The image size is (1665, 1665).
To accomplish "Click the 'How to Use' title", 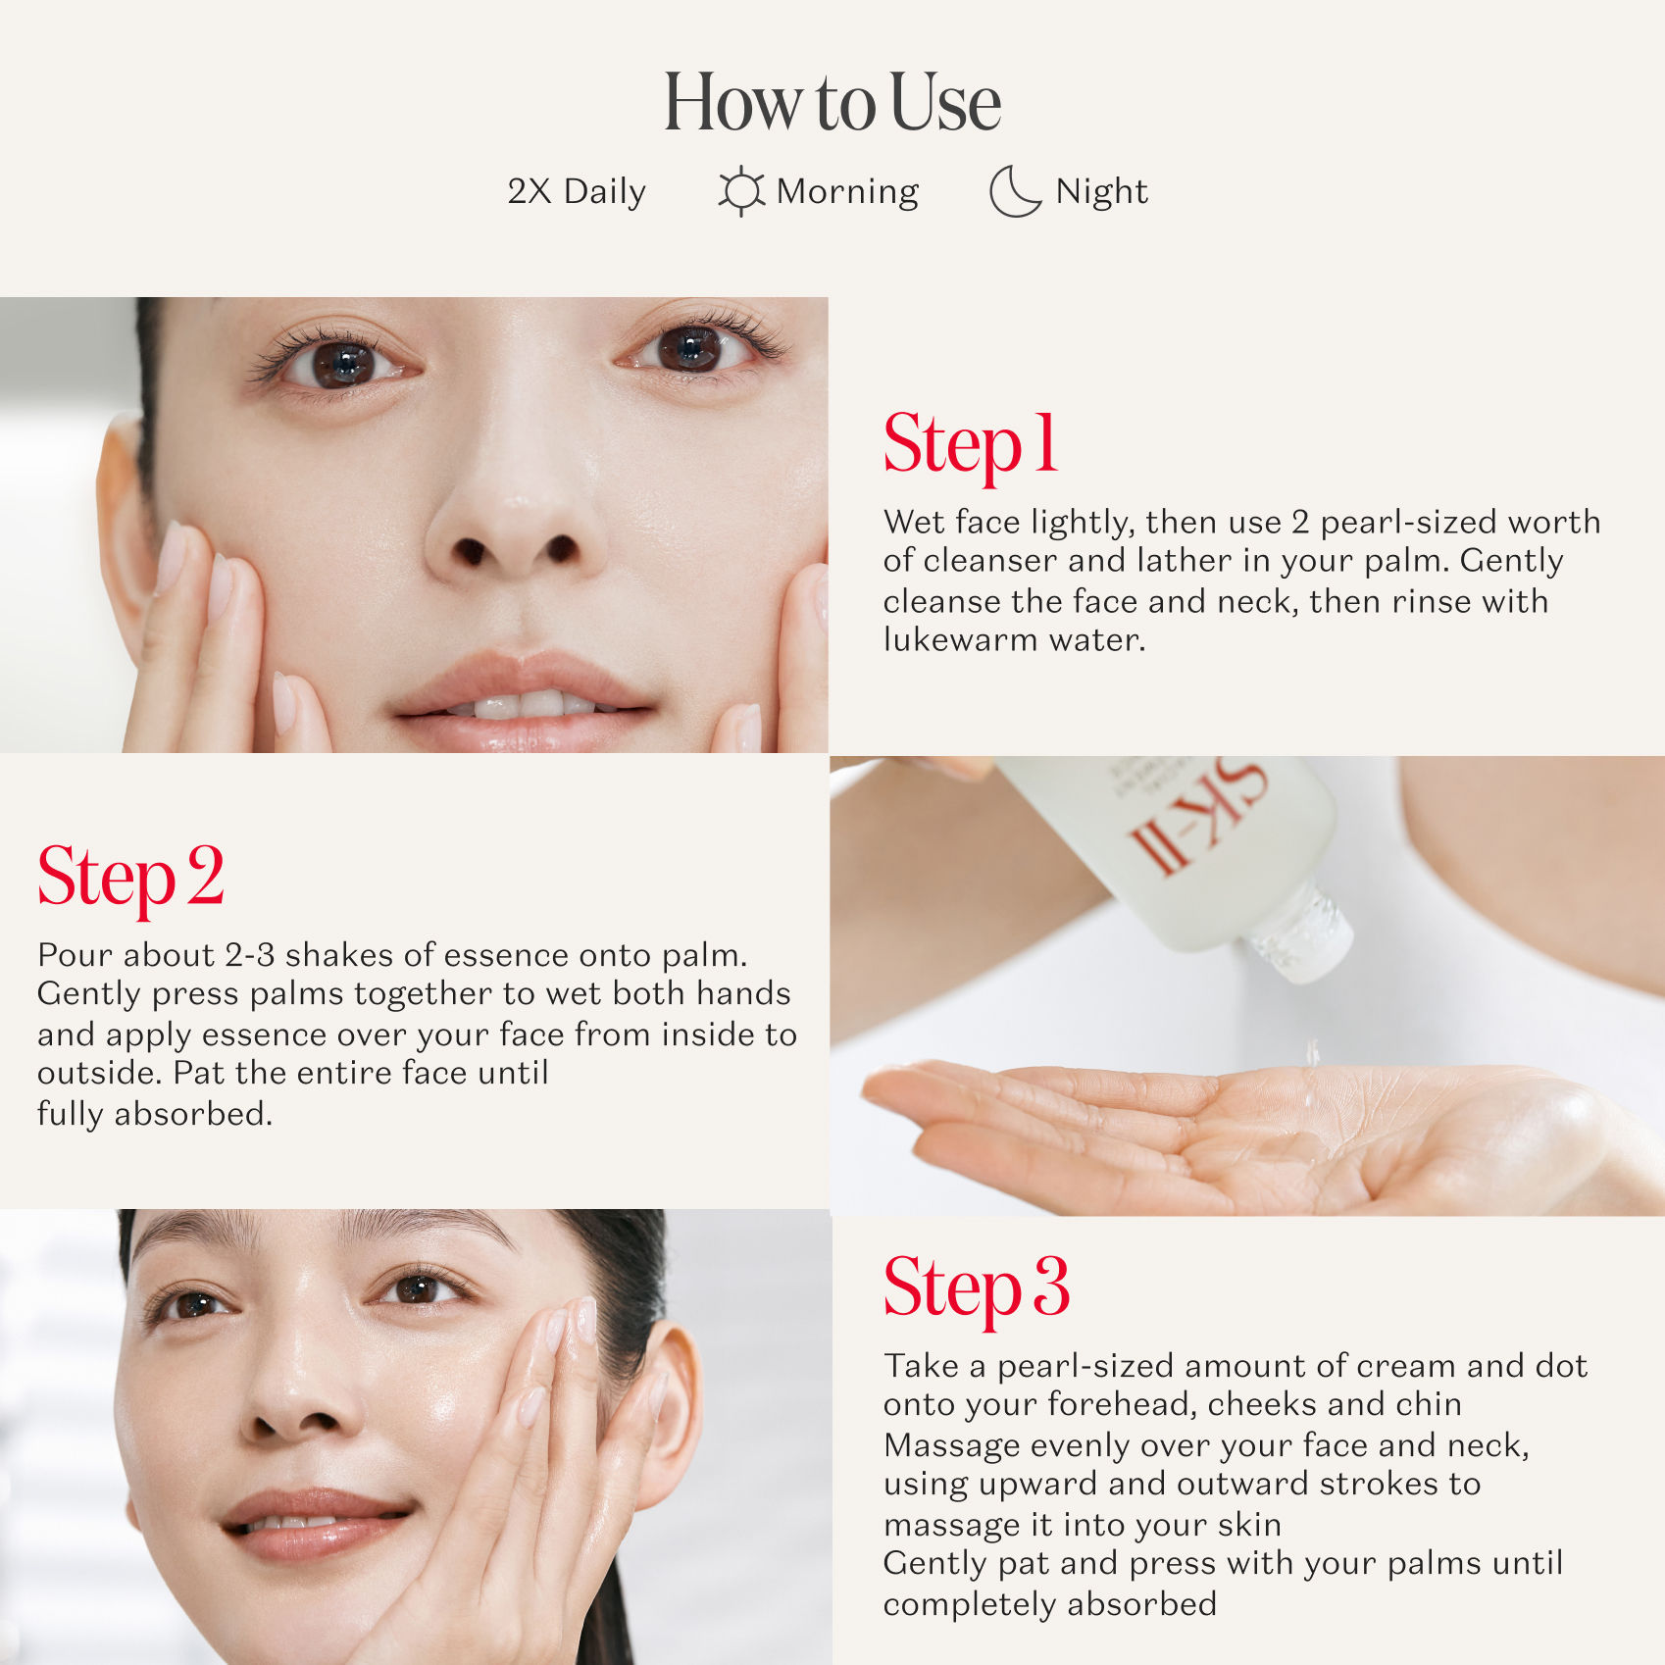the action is (x=832, y=102).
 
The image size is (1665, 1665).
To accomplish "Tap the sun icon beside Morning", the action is (x=740, y=190).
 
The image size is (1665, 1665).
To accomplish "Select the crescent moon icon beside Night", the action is (x=1014, y=190).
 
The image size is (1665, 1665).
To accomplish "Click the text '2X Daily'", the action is (x=577, y=191).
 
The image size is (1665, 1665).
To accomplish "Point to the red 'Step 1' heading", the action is (x=970, y=444).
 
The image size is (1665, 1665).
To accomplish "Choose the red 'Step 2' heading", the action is (x=130, y=877).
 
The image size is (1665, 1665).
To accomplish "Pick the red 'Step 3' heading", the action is (x=976, y=1287).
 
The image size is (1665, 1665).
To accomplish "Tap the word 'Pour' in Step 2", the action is (x=76, y=955).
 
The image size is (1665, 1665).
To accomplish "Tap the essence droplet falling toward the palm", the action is (x=1312, y=1053).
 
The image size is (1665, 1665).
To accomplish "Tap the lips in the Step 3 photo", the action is (x=314, y=1523).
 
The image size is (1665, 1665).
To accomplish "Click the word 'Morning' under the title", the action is (x=847, y=192).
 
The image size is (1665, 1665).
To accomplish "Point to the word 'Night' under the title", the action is (x=1101, y=192).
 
